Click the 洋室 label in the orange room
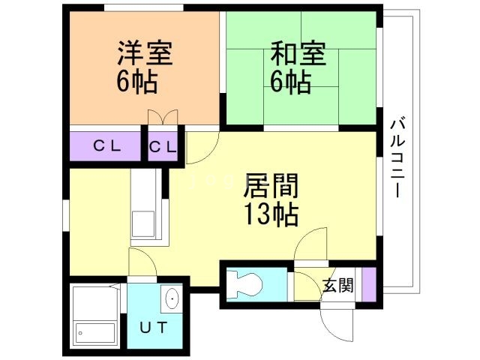144,54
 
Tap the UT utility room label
156,327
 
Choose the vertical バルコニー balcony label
397,157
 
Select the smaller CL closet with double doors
163,147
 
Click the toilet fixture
244,284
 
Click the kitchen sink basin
142,223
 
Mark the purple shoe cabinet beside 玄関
367,283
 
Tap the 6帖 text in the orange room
136,80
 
